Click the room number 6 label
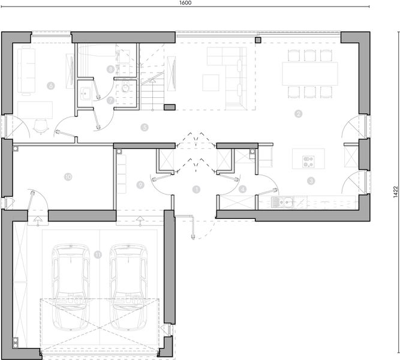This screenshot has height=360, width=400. (50, 86)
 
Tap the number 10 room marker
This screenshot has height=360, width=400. (68, 176)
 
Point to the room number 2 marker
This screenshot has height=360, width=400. (298, 113)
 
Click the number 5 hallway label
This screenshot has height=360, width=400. (145, 127)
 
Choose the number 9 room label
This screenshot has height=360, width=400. (140, 185)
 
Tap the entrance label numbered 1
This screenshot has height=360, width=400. (196, 189)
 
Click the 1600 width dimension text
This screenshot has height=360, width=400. (185, 4)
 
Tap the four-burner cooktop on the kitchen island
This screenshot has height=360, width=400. (308, 160)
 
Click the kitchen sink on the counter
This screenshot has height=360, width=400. (281, 202)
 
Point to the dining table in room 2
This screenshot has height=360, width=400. (309, 73)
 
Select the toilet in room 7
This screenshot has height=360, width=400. (125, 88)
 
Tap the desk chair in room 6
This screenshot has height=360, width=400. (41, 124)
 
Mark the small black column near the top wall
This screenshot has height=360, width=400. (258, 41)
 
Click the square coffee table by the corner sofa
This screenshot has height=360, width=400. (210, 82)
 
